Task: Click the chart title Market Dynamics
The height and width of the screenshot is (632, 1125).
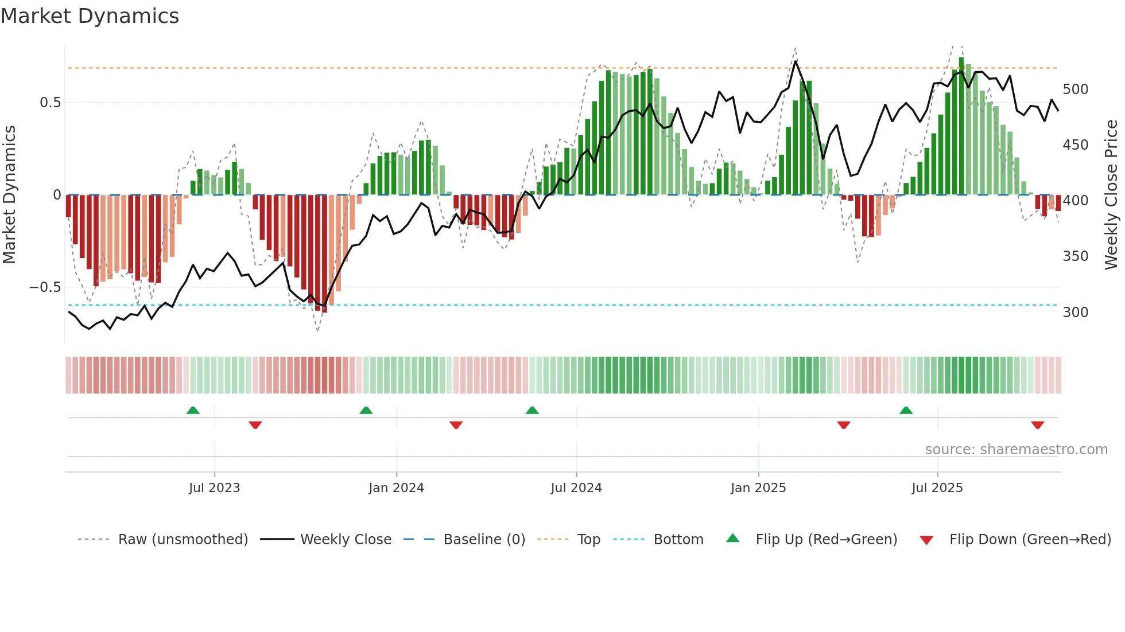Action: (90, 16)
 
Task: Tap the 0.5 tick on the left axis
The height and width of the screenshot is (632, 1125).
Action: (50, 103)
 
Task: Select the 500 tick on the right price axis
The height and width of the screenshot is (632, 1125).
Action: (1075, 89)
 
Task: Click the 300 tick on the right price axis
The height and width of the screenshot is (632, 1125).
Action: (1075, 313)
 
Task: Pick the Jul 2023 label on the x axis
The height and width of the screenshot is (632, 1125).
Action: (214, 488)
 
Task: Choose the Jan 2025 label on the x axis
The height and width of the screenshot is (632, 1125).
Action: (758, 488)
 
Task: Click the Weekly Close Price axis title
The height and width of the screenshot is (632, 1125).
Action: (1111, 195)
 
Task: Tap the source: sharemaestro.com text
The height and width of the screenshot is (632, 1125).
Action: (1016, 450)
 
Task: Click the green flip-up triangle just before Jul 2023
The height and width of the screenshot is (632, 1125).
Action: (193, 411)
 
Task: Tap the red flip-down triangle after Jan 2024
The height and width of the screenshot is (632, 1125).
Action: (456, 425)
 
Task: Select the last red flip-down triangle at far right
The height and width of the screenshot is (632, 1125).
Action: (1037, 425)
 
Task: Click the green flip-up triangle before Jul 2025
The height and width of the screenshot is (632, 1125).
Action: (906, 411)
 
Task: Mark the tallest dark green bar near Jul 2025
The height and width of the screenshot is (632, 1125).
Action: (961, 126)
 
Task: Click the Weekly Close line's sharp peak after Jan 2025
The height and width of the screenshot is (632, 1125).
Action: (796, 61)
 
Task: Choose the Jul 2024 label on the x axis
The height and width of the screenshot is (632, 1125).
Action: (576, 488)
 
